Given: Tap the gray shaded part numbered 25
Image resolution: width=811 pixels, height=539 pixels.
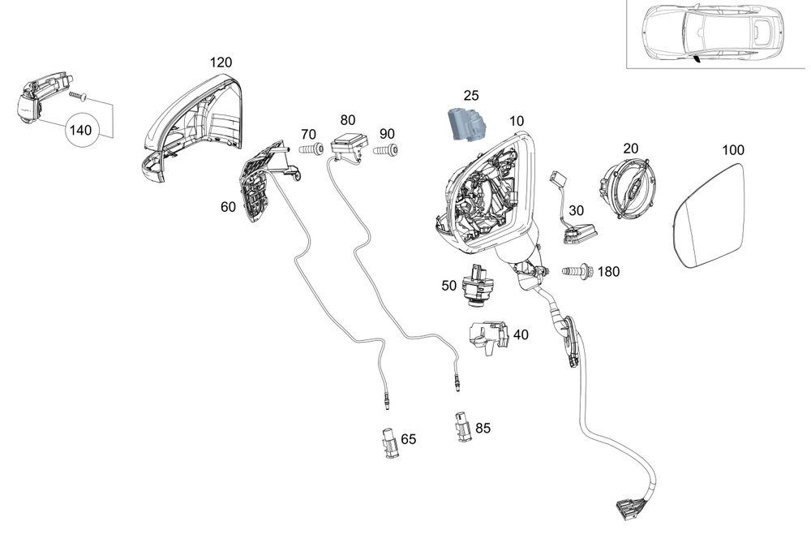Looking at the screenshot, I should coord(466,124).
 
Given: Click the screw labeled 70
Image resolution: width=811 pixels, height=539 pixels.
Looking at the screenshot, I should coord(312,150).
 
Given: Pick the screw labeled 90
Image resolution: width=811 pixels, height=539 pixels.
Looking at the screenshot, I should coord(385,150).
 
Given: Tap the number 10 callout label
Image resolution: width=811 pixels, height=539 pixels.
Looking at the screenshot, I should coord(517,121).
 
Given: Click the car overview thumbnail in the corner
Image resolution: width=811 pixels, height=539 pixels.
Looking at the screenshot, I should coord(718,34).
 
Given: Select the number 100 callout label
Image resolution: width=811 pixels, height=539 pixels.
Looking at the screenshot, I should coord(732,150).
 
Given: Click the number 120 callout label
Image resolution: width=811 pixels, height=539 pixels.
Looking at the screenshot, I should coord(221,62).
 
